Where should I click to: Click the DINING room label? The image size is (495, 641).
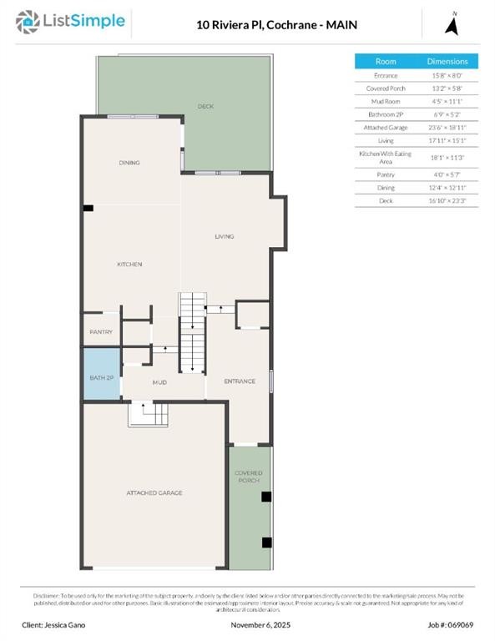[x=129, y=163]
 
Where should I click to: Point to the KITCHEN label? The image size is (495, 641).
[x=129, y=264]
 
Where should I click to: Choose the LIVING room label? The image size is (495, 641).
[x=224, y=236]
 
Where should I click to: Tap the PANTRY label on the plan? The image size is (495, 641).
[x=101, y=331]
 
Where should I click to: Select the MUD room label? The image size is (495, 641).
[x=159, y=382]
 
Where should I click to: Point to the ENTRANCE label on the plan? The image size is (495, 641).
[x=239, y=381]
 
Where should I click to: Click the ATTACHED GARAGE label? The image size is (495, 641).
[x=154, y=492]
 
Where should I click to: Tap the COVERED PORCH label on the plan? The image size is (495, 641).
[x=248, y=477]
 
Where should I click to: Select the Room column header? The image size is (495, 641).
[x=386, y=62]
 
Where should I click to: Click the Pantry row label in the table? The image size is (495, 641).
[x=386, y=174]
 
